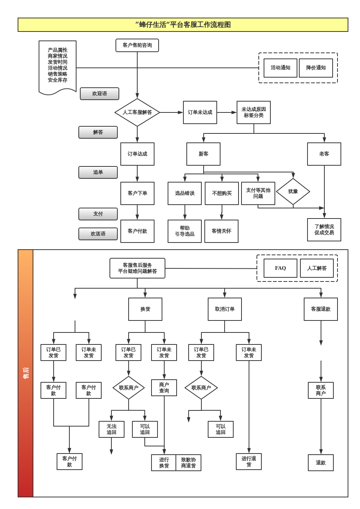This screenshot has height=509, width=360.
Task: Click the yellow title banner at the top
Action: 183,25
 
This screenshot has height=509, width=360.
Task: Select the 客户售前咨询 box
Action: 137,45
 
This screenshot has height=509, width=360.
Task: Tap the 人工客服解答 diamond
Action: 137,112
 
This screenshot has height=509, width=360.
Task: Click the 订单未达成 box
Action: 200,112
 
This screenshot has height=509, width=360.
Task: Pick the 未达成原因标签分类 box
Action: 253,112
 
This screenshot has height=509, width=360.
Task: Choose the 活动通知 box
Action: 280,68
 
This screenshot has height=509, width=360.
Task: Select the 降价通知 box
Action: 316,68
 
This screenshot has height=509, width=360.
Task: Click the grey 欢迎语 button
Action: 99,94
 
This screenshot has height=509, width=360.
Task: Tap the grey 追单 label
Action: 98,172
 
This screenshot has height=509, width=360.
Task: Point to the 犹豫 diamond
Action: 293,192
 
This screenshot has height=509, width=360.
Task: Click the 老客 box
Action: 324,154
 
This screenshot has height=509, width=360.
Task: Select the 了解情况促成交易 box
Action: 324,230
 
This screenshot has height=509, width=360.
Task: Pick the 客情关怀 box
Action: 221,231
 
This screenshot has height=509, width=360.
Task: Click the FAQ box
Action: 280,268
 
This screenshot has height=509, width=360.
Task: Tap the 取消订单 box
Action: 225,309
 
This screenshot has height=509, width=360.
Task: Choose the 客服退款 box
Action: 321,309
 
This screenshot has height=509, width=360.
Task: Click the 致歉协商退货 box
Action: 188,463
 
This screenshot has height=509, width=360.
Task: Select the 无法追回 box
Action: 111,430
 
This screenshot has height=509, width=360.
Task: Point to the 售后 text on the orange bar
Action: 25,373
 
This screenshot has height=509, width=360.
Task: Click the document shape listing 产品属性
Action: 57,66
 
